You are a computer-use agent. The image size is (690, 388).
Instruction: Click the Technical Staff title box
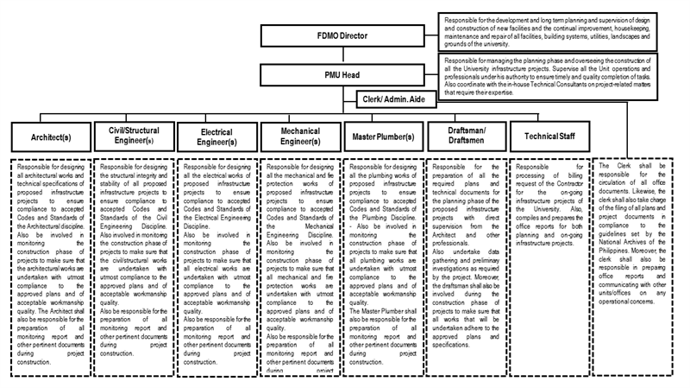point(549,136)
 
